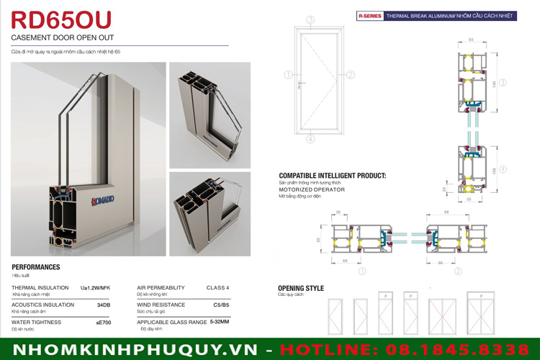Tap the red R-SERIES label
(369, 15)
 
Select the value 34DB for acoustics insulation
(103, 305)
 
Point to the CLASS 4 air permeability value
(217, 287)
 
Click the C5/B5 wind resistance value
(221, 305)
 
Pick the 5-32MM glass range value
(219, 322)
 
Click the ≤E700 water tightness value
(103, 323)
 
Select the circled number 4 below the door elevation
(310, 140)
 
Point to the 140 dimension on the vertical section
(494, 83)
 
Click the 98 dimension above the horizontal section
(447, 212)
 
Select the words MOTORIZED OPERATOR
(312, 190)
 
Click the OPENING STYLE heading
(301, 288)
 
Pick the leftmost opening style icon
(336, 315)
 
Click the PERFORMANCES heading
(36, 267)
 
